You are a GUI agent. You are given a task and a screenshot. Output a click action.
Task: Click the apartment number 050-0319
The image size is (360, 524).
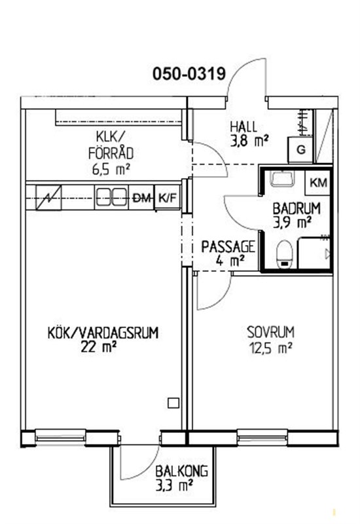pos(189,73)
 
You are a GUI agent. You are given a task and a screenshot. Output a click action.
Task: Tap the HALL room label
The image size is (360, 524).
pos(243,127)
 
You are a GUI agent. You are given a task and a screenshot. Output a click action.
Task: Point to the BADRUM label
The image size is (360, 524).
pos(297,208)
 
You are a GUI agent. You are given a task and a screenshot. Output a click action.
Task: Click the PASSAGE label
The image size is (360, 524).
pos(228,247)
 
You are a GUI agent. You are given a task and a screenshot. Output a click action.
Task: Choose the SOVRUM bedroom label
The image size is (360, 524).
pos(270,332)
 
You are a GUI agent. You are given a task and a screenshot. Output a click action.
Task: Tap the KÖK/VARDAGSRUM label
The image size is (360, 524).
pos(103,333)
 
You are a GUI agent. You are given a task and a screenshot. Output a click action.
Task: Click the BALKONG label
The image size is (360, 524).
pos(182,471)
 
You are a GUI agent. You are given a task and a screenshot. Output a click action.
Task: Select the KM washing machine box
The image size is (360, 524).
pos(318,183)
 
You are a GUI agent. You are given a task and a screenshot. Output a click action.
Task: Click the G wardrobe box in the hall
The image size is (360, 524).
pos(301,149)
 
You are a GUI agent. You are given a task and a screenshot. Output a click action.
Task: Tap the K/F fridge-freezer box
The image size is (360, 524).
pos(168,198)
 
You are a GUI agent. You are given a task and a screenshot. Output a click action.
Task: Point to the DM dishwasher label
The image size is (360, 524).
pos(141,198)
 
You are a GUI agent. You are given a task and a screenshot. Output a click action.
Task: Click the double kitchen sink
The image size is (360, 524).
pos(111,198)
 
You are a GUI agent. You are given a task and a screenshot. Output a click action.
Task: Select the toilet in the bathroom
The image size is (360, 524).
pos(285,254)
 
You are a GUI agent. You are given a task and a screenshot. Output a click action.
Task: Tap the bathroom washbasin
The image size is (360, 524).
pos(282,178)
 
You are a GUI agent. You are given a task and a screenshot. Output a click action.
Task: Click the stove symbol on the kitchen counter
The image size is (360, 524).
pos(48,198)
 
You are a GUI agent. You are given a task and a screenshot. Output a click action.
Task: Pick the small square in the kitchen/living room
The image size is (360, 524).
pos(173,403)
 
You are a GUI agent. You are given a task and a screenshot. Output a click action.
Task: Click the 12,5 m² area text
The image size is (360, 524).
pos(270,348)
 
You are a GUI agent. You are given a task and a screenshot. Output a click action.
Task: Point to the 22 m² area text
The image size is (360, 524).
pos(98,347)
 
